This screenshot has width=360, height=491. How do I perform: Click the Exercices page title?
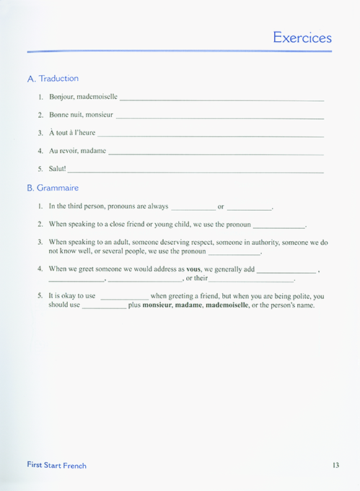[302, 38]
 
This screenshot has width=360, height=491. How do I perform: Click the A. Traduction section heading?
[53, 78]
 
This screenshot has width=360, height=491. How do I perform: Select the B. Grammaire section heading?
[53, 188]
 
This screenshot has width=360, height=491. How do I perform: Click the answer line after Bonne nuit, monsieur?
[219, 116]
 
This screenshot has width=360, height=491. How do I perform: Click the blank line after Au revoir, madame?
[216, 152]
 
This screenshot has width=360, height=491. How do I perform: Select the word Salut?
[57, 169]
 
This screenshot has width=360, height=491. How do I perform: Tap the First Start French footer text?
[57, 466]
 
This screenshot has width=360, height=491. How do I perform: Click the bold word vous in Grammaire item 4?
[193, 269]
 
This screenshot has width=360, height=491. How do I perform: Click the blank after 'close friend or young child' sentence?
[278, 227]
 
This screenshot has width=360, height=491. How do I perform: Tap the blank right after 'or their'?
[251, 280]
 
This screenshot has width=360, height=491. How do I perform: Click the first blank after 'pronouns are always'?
[193, 208]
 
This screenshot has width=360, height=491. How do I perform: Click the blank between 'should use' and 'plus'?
[104, 307]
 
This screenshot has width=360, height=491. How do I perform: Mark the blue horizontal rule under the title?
[180, 51]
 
